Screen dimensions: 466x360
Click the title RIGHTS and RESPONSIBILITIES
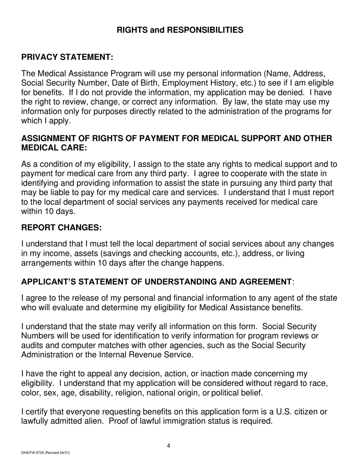coord(180,30)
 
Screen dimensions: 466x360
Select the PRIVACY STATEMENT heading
coord(67,57)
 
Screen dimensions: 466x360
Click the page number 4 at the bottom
coord(169,446)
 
